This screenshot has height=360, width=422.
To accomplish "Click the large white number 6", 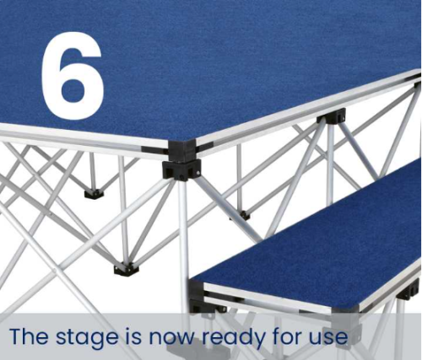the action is tap(73, 76).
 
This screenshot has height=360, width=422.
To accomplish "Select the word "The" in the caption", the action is tap(29, 335).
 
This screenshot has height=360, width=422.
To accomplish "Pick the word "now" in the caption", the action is tap(171, 337).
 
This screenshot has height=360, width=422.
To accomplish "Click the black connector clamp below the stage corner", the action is tap(181, 169).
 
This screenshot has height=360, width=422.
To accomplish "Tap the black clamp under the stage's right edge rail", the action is tap(332, 116).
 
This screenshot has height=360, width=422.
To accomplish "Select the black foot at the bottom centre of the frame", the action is tap(127, 270).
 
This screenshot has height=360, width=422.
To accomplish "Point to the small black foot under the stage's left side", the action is tap(94, 194).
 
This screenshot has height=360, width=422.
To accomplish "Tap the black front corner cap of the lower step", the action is tap(197, 293).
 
